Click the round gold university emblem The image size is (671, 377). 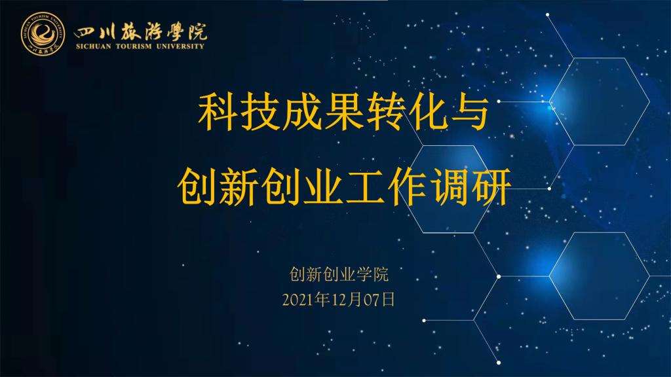[x=43, y=34]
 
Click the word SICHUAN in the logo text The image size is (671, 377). [x=93, y=46]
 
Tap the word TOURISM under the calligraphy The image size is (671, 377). [x=134, y=46]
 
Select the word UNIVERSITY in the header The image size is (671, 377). [x=180, y=46]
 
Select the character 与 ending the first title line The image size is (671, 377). [x=469, y=113]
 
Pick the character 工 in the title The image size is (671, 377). [x=364, y=187]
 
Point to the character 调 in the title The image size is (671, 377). [x=449, y=187]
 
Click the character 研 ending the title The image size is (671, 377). [x=491, y=187]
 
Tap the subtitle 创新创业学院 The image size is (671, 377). [x=339, y=274]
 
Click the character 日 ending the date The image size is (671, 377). [x=388, y=300]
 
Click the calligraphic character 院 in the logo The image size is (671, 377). [x=197, y=31]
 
